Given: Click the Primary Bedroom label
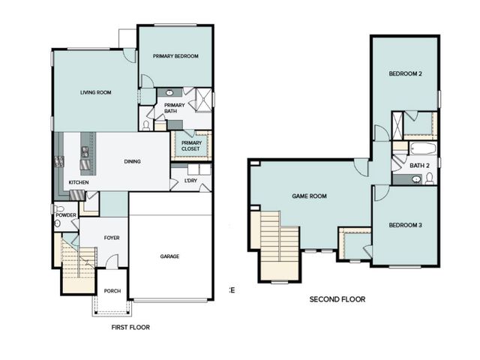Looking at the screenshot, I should tap(175, 56).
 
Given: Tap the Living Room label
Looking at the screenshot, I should tap(96, 92).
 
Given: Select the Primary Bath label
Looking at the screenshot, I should tap(174, 108).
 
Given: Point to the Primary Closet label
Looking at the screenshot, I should tap(191, 145).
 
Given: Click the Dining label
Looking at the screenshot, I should tap(133, 161).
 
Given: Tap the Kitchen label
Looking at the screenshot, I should tap(79, 182).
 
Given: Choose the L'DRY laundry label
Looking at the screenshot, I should tap(180, 179).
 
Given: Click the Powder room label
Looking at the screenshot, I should tap(65, 215).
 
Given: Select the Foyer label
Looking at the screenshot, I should tap(112, 238).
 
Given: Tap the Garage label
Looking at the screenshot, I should tap(169, 256).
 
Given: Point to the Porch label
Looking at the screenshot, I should tap(112, 291).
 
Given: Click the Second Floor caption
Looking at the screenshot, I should tap(337, 298).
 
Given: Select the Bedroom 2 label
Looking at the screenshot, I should tap(406, 73).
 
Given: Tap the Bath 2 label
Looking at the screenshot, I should tap(419, 165).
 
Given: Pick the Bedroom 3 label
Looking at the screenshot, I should tap(406, 225).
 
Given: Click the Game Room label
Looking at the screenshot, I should tap(309, 196).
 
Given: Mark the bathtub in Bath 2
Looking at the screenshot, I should tap(419, 147).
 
